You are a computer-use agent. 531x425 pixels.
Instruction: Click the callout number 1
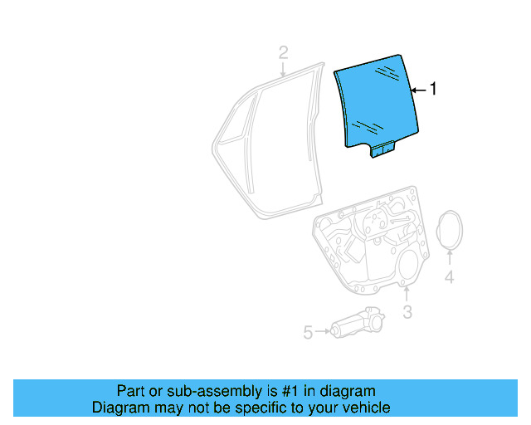click(x=432, y=88)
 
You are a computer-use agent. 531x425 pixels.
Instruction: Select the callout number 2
click(x=283, y=53)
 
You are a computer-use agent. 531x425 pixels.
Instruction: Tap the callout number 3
click(x=407, y=311)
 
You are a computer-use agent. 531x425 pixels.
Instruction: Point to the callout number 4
click(x=449, y=277)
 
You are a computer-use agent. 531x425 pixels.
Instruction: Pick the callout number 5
click(x=308, y=332)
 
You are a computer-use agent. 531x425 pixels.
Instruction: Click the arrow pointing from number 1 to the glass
click(x=417, y=88)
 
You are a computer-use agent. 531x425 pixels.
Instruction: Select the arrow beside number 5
click(x=322, y=332)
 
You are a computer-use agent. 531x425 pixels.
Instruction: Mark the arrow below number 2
click(x=283, y=70)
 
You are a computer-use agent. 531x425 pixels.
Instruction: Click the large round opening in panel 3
click(x=407, y=267)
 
